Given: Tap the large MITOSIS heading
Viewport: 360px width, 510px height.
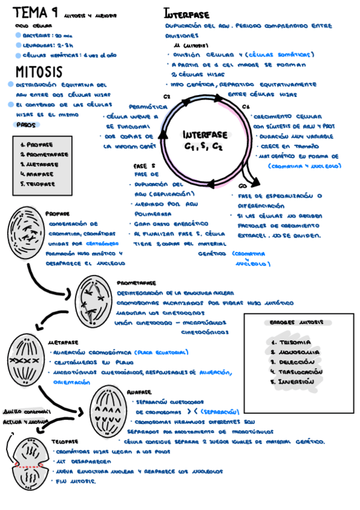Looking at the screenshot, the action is tap(38, 72).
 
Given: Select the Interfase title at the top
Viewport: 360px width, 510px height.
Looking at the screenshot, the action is tap(186, 13).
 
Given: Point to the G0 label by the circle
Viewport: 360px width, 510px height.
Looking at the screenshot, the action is tap(242, 185).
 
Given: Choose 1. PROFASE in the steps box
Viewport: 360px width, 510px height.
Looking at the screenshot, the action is tap(37, 145).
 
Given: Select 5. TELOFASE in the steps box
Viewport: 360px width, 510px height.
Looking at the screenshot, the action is tap(38, 183).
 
